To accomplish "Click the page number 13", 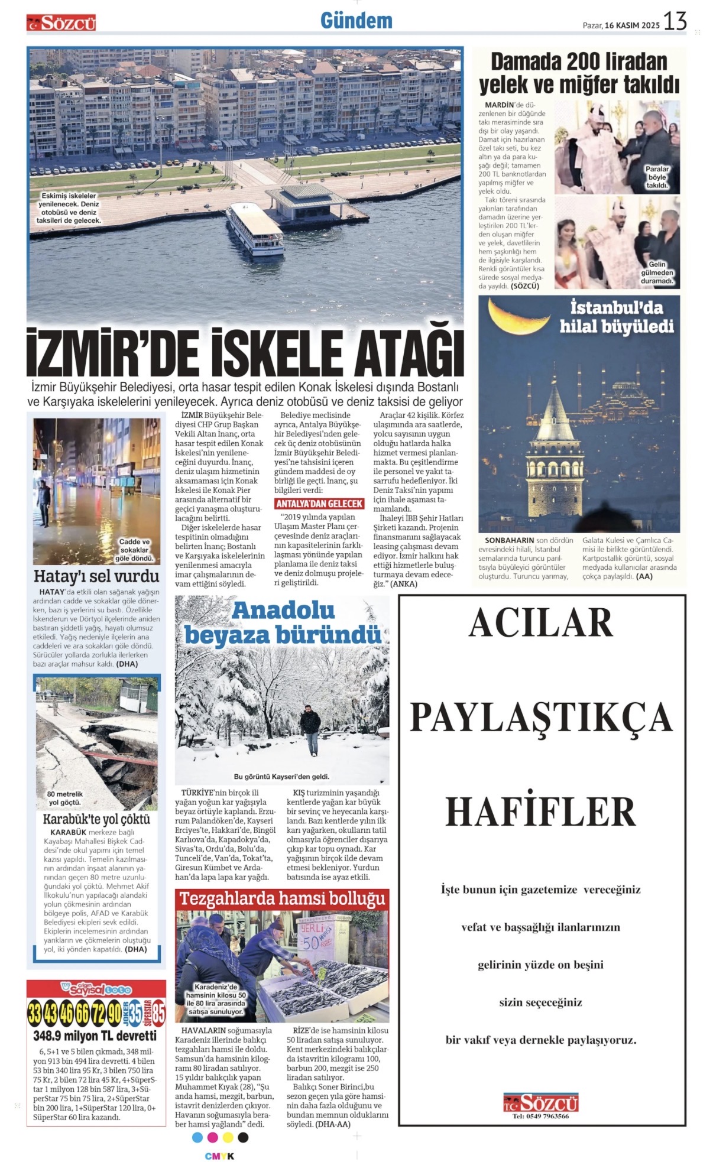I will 675,21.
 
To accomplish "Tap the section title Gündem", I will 356,21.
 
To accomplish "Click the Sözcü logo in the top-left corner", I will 61,23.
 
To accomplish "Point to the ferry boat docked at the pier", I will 254,229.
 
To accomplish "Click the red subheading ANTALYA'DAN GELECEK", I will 319,504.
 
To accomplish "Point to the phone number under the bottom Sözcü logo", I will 540,1116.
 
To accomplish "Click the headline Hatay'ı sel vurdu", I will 96,576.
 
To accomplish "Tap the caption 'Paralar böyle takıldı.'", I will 657,177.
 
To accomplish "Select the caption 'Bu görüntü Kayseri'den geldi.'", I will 281,777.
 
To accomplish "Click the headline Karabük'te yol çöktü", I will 96,819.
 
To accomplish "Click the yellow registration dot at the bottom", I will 228,1137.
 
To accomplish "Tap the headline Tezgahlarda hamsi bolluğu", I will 282,899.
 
